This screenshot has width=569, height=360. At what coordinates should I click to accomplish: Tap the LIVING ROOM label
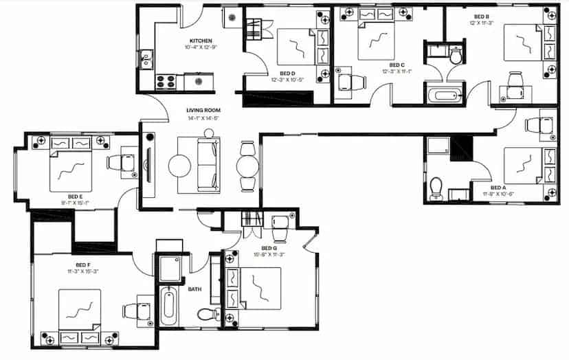pyautogui.click(x=203, y=111)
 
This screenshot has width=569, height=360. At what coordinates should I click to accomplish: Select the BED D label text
pyautogui.click(x=288, y=73)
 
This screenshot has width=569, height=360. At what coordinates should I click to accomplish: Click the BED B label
pyautogui.click(x=481, y=16)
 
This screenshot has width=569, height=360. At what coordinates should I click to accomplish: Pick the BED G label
pyautogui.click(x=269, y=248)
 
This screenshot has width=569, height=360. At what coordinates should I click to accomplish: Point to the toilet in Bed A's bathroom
pyautogui.click(x=436, y=186)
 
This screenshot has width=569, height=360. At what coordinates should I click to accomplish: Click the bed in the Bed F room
pyautogui.click(x=80, y=311)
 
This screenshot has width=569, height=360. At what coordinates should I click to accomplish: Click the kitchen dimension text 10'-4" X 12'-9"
pyautogui.click(x=201, y=48)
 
